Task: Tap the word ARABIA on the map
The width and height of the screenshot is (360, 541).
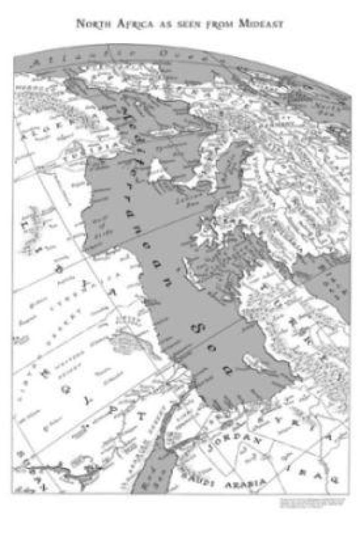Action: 244,484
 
